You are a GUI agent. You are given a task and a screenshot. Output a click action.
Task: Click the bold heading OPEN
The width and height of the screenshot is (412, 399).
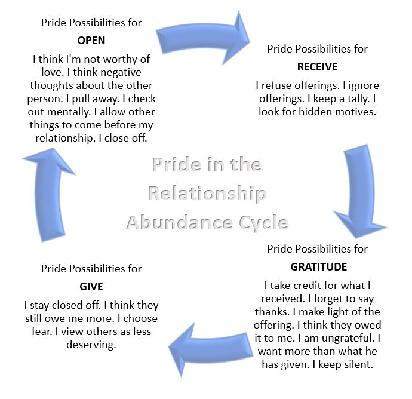tap(91, 41)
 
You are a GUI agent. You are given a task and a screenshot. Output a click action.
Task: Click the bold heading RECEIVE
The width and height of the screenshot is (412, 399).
tap(317, 66)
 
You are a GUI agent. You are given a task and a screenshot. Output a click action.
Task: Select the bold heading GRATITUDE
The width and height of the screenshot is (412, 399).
tap(317, 266)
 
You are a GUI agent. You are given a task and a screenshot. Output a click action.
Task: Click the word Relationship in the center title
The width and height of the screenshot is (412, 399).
tap(207, 194)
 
